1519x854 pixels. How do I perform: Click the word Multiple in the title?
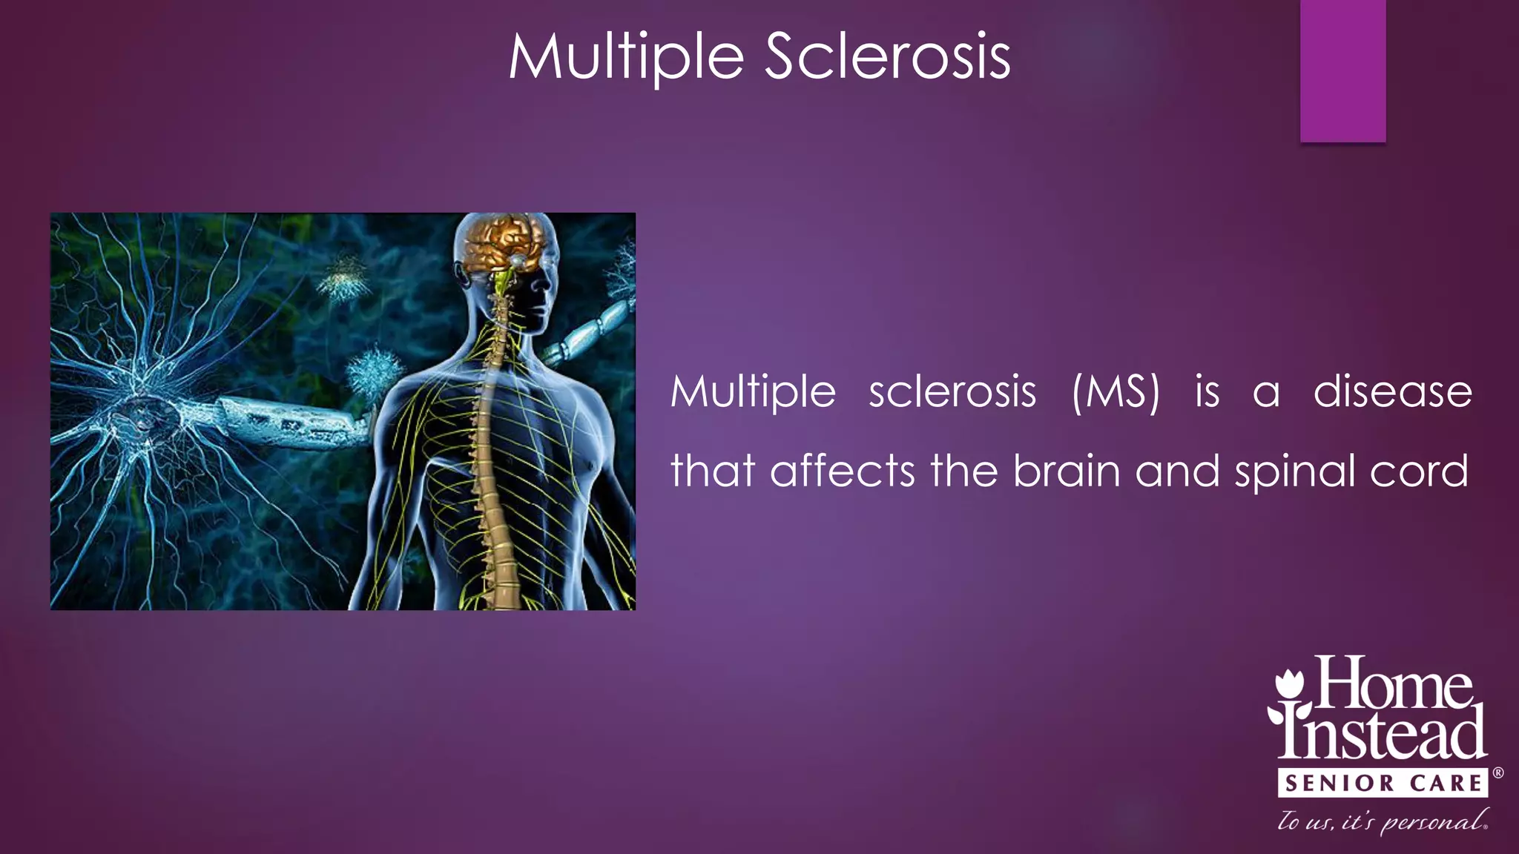tap(625, 58)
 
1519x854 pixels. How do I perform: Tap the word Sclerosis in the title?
tap(887, 58)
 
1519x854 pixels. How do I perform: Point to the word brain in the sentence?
tap(1066, 471)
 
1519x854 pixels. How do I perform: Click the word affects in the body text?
tap(843, 471)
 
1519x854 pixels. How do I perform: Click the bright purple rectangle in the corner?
tap(1342, 70)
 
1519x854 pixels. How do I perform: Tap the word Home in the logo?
tap(1394, 683)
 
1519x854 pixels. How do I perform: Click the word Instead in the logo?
tap(1383, 734)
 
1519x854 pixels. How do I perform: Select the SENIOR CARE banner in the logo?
tap(1383, 783)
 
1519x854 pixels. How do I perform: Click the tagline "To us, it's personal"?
tap(1383, 821)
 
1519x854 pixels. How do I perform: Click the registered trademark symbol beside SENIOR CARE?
tap(1497, 773)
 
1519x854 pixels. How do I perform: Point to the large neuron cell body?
tap(148, 415)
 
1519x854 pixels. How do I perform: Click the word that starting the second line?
tap(712, 471)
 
